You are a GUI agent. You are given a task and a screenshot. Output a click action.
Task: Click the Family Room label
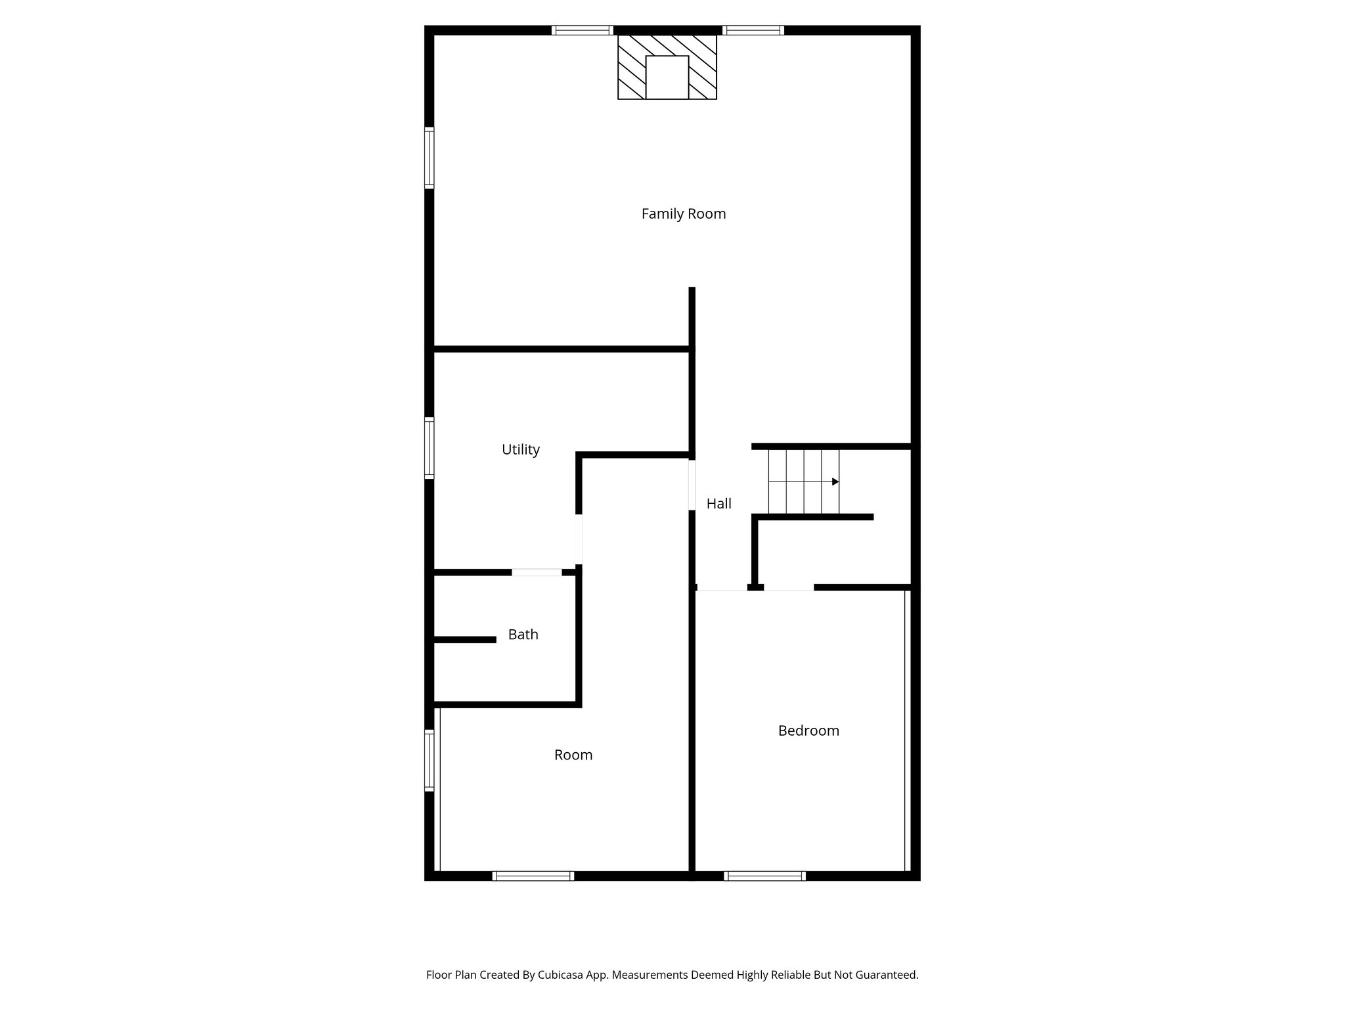683,213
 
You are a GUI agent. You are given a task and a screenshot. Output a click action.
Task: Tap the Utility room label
520,449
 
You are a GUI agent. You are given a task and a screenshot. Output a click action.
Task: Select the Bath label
523,635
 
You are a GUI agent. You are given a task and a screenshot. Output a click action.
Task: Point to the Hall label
718,504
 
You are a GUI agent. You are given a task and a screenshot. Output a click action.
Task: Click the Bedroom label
808,730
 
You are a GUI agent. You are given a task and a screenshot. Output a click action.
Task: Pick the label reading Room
573,755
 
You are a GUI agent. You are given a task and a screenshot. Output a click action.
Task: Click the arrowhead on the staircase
835,482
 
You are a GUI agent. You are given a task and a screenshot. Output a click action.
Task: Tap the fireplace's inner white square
667,78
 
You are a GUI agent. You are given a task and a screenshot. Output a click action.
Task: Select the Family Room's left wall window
430,158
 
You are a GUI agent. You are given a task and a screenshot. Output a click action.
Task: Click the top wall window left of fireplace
582,30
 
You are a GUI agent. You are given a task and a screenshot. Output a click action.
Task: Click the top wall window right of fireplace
753,30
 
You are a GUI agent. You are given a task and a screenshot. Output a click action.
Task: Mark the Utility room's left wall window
430,447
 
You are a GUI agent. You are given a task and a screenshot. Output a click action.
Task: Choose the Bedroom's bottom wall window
764,876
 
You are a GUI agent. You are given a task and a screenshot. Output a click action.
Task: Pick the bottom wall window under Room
533,876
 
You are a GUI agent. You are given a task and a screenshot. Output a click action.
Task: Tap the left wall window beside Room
430,759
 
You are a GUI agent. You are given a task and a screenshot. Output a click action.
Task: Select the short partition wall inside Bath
465,639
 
